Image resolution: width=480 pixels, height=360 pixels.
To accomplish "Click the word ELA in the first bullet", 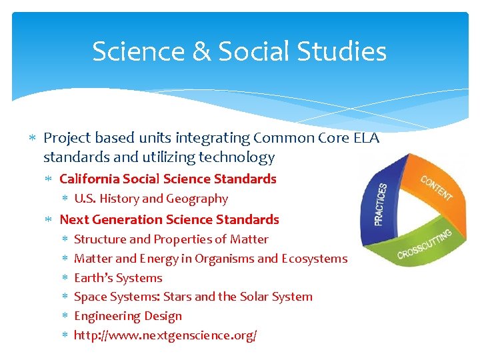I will coord(365,138).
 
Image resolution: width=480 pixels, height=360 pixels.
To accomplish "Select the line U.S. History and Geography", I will coord(151,199).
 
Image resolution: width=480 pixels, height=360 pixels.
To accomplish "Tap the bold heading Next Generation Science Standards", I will coord(169,219).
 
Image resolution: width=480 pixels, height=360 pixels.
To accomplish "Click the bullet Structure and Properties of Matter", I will coord(171,239).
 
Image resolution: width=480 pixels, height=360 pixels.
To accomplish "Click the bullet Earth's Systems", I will coord(118,278).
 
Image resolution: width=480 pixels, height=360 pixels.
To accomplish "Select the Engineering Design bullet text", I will coord(127,316).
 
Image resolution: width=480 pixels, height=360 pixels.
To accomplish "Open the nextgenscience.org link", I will coord(165,335).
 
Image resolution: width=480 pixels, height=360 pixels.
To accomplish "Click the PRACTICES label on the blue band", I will coord(381,203).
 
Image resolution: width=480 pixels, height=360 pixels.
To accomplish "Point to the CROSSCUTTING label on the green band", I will coord(424,244).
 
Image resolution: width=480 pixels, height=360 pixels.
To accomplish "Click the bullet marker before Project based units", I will coord(33,139).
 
